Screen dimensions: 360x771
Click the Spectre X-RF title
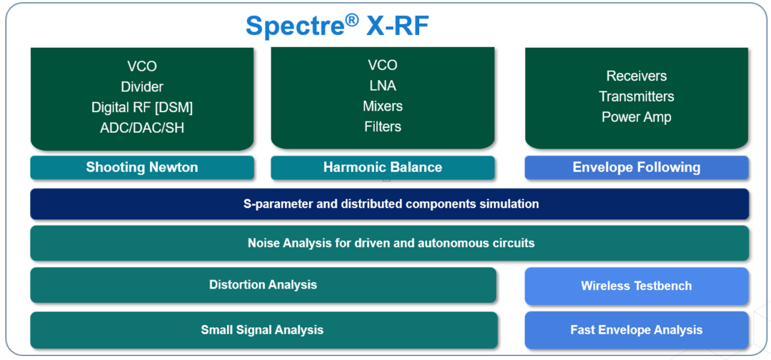click(x=337, y=26)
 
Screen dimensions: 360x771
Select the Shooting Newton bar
click(x=142, y=168)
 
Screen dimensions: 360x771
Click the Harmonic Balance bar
click(x=383, y=168)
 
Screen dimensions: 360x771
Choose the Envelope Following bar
click(x=637, y=168)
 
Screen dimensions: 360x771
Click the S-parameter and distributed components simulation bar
click(x=390, y=204)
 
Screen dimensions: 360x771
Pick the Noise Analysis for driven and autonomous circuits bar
click(x=390, y=243)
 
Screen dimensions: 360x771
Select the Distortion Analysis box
click(x=263, y=285)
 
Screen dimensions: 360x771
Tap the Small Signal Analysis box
click(x=263, y=330)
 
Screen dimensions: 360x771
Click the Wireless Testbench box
click(x=637, y=286)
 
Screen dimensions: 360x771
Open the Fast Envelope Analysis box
click(x=637, y=330)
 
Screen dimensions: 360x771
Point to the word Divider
click(x=142, y=87)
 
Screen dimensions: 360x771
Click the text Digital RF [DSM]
click(x=142, y=108)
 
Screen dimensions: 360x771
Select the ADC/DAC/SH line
click(x=142, y=129)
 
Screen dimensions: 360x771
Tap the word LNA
click(x=383, y=86)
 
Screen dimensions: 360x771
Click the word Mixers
click(x=383, y=106)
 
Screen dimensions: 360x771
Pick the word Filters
click(x=383, y=127)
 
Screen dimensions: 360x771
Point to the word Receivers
click(x=637, y=76)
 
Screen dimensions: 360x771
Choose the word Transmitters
click(x=637, y=96)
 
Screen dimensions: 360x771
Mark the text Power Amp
click(x=637, y=117)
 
